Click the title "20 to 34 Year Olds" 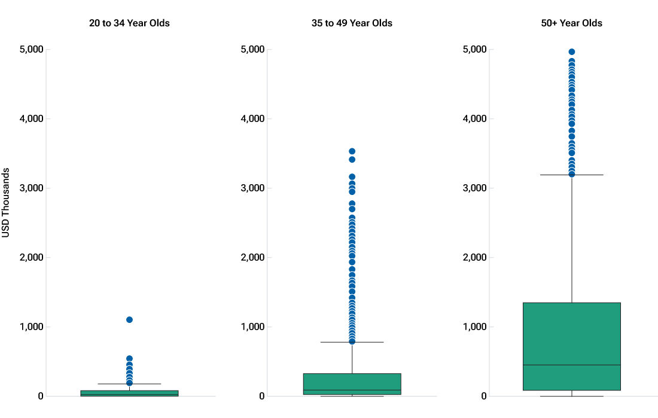[129, 23]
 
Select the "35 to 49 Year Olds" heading [352, 23]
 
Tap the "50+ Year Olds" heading [571, 23]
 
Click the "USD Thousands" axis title [7, 203]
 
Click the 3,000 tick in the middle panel [252, 188]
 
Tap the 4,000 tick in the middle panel [252, 118]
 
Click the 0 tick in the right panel [484, 396]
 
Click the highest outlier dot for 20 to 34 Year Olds [129, 319]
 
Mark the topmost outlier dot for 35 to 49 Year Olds [352, 151]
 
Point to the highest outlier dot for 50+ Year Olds [572, 52]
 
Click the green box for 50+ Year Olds [572, 335]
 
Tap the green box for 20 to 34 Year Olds [129, 393]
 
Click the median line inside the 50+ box [572, 365]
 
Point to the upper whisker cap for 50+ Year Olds [572, 175]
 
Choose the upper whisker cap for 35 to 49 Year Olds [352, 342]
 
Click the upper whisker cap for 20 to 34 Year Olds [129, 384]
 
